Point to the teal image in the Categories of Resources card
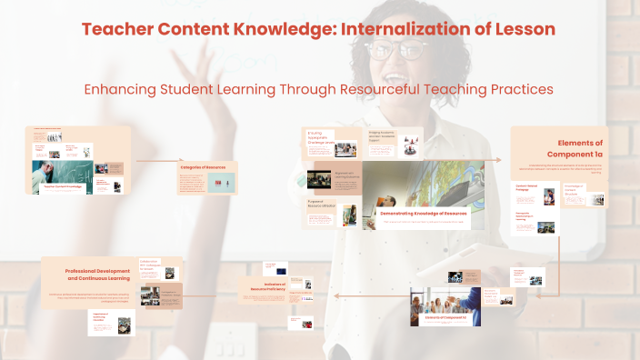tap(218, 184)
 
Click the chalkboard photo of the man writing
tap(63, 177)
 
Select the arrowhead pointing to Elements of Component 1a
tap(499, 160)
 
